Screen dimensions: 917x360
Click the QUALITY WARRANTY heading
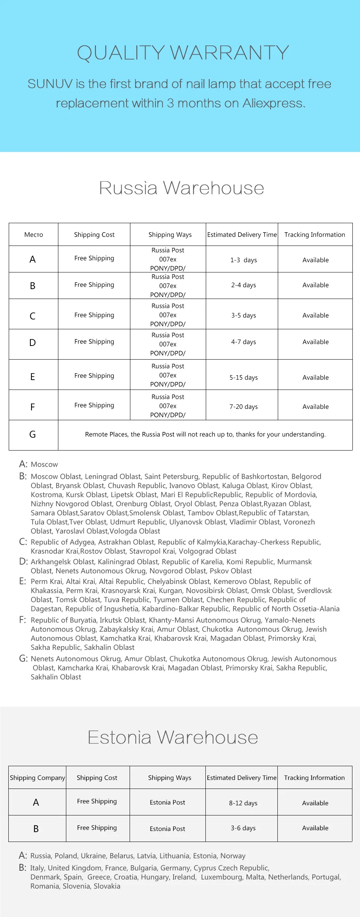(x=183, y=53)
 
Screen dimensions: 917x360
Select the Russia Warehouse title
(x=182, y=188)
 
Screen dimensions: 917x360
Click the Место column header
(x=34, y=235)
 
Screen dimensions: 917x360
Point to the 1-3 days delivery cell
(x=243, y=260)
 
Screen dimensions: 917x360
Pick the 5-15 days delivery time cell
(x=243, y=377)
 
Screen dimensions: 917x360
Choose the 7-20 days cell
(x=243, y=407)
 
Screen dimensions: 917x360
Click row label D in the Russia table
(x=33, y=343)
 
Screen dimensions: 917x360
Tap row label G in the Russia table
(x=33, y=434)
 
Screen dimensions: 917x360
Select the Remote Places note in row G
(x=205, y=434)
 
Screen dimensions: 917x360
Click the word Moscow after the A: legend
(x=44, y=465)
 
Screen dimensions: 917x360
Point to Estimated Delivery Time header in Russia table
(x=242, y=235)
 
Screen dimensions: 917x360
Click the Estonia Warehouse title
(x=173, y=737)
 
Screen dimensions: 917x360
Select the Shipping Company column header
(x=38, y=778)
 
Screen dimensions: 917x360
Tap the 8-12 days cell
(x=243, y=803)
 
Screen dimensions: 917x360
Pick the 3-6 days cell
(x=243, y=828)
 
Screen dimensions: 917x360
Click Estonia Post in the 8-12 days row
(x=167, y=802)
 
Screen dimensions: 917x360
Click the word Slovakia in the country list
(x=107, y=886)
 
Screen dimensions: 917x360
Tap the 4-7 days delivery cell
(x=243, y=342)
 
